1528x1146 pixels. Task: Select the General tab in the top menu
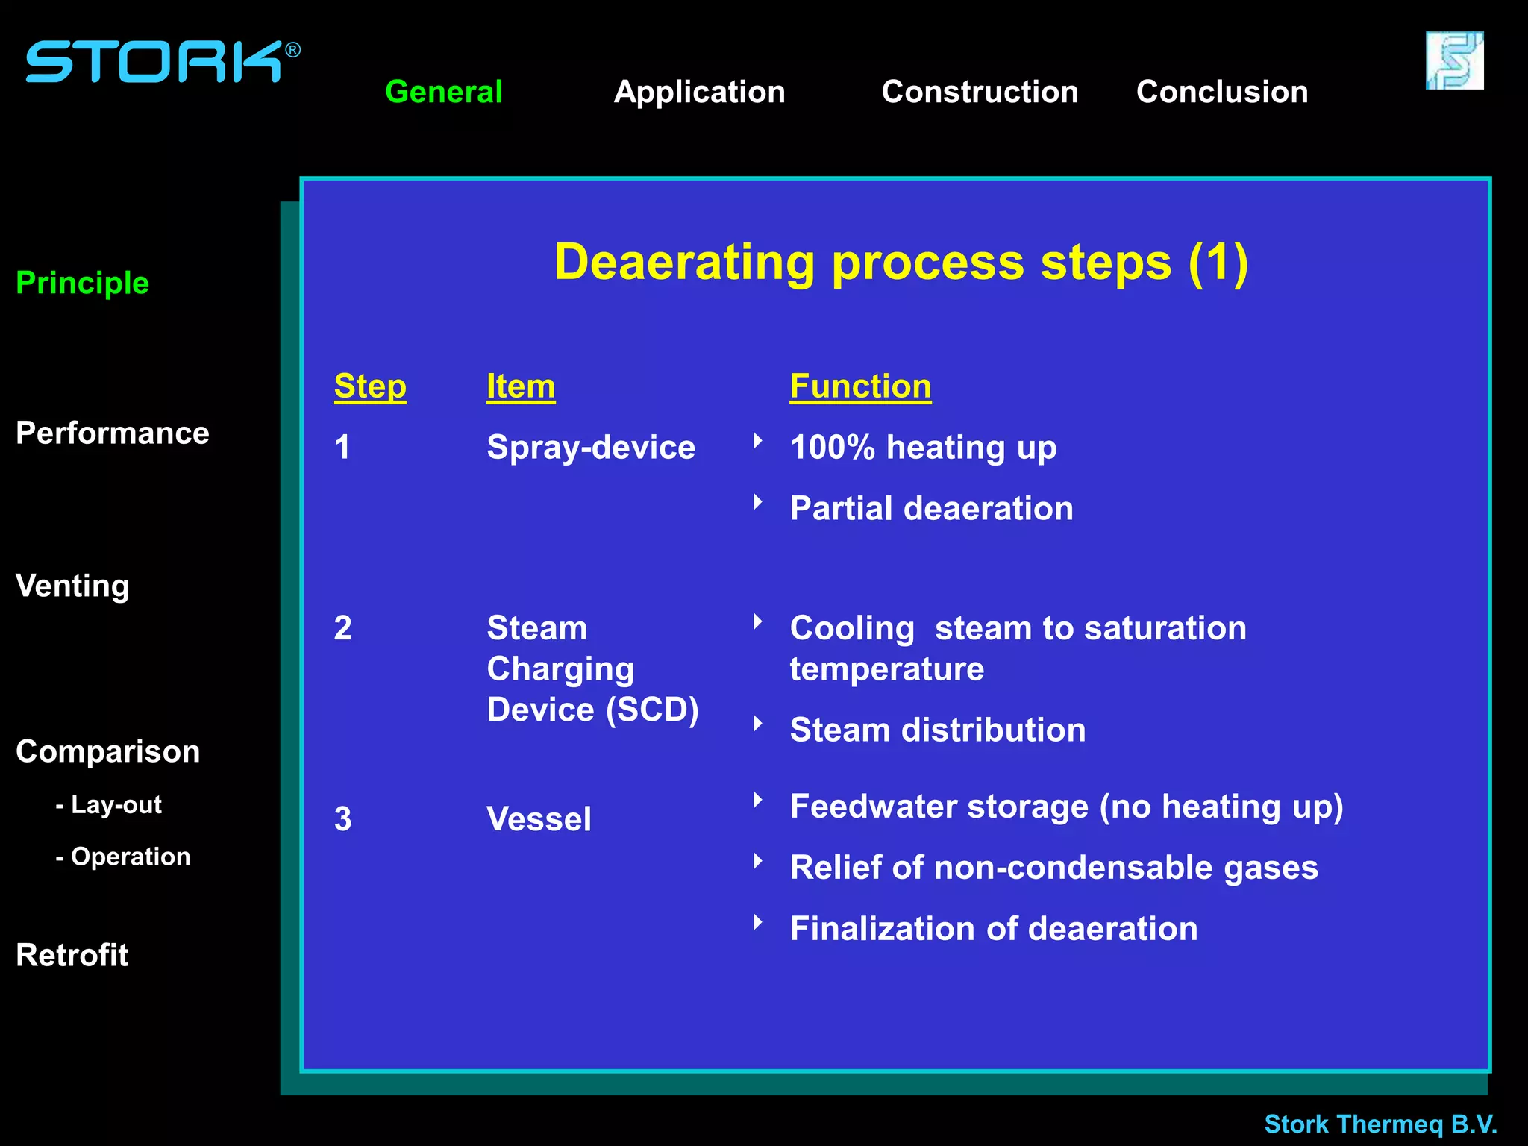tap(443, 92)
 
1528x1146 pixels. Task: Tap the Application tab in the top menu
tap(699, 92)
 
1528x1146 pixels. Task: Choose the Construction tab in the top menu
tap(980, 92)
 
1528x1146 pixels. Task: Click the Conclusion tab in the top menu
tap(1221, 92)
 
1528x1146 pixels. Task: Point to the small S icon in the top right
tap(1454, 60)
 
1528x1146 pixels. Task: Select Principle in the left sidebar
tap(82, 283)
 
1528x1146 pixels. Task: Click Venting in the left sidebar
tap(72, 586)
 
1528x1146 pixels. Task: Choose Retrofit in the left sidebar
tap(72, 955)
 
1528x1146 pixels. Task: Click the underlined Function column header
tap(860, 386)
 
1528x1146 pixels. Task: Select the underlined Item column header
tap(520, 386)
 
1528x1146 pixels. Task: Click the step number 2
tap(342, 628)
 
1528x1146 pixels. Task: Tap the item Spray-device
tap(590, 448)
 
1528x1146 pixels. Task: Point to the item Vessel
tap(539, 818)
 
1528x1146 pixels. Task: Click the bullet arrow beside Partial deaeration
tap(758, 502)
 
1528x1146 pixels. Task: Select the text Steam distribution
tap(937, 730)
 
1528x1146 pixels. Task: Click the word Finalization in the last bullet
tap(882, 929)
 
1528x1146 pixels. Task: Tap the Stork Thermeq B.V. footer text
tap(1380, 1124)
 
